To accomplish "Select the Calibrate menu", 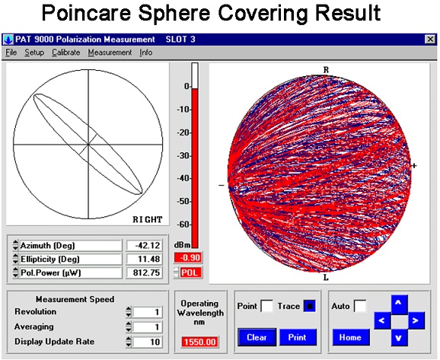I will (65, 53).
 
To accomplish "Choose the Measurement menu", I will (110, 53).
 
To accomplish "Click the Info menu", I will (145, 53).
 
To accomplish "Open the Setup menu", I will (34, 53).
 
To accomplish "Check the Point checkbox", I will (266, 306).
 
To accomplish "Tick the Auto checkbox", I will (359, 306).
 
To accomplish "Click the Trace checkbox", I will (310, 306).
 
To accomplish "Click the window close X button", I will (428, 39).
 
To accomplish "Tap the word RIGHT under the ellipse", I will (148, 219).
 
